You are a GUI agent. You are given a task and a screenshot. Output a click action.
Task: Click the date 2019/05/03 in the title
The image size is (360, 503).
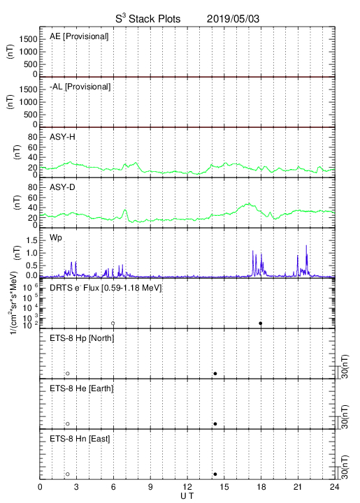233,19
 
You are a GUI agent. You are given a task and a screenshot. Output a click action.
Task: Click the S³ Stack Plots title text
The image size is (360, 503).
148,19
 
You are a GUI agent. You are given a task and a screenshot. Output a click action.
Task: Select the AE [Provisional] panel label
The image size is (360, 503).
79,36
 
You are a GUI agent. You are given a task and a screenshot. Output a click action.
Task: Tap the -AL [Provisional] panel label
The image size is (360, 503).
80,87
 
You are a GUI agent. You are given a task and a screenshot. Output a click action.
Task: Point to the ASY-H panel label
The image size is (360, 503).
62,137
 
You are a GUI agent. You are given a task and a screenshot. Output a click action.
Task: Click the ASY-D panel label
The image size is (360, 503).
62,187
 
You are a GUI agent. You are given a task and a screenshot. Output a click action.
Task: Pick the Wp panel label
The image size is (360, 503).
56,238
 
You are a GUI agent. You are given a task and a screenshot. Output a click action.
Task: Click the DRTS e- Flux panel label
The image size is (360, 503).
106,288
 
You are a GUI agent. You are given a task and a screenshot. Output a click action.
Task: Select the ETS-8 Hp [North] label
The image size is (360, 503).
82,338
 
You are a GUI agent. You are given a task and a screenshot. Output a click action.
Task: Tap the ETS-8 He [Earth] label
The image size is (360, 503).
82,388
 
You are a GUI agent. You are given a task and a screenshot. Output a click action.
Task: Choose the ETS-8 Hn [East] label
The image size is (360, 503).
80,439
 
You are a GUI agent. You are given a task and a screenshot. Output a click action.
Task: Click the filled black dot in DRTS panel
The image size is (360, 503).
261,323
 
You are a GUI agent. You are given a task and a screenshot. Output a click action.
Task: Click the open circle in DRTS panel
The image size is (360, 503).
113,323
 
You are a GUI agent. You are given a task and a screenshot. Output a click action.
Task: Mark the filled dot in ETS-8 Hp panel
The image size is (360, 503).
215,373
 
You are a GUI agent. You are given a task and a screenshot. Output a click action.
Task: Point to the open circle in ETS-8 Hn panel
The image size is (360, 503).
68,474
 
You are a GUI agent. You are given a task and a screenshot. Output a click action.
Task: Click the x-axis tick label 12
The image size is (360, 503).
187,487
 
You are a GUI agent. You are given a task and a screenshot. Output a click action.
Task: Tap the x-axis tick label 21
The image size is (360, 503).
298,487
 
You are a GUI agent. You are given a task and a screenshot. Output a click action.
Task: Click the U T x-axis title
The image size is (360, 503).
187,496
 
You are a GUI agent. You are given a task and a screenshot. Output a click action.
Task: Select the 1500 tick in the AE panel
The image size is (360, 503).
28,39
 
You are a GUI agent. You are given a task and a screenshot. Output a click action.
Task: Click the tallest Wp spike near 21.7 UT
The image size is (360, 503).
306,245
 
